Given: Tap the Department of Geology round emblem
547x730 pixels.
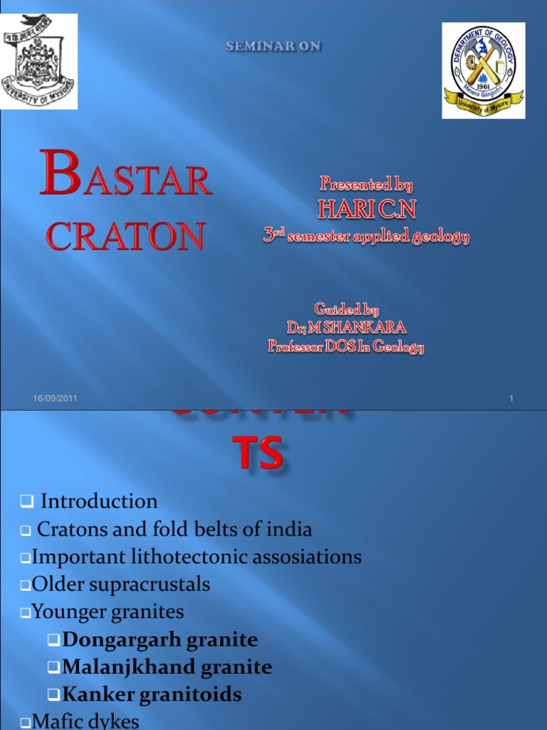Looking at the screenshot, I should click(x=484, y=70).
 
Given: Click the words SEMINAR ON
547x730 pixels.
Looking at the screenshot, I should click(x=274, y=46).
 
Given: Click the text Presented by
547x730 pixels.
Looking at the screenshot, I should click(x=366, y=185).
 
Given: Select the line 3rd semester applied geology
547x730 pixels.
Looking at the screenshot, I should click(x=366, y=237).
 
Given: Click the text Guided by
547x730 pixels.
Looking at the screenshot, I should click(x=346, y=309).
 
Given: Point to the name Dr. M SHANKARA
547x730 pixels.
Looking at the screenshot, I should click(x=346, y=328).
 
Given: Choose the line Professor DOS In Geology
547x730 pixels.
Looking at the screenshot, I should click(x=346, y=347).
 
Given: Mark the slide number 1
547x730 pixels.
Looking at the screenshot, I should click(x=511, y=399).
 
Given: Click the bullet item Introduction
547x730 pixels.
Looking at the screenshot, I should click(x=99, y=501).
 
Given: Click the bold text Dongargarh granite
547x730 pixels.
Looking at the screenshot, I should click(x=160, y=640).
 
